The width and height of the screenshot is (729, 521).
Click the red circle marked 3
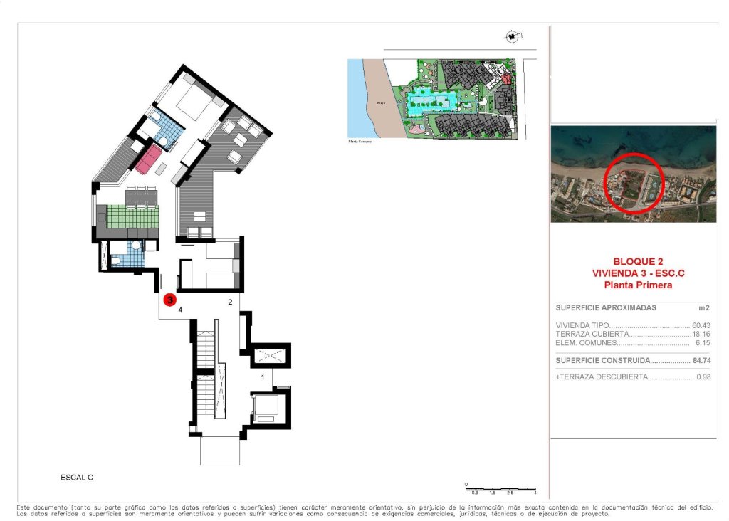[x=170, y=300]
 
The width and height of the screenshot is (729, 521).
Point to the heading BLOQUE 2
[x=633, y=261]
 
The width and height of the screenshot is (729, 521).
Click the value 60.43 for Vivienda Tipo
[x=702, y=325]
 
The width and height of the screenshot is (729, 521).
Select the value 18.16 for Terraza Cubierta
[x=702, y=334]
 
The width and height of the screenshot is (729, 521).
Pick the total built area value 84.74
[x=702, y=360]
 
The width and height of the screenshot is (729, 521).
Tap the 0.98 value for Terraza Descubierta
[x=703, y=377]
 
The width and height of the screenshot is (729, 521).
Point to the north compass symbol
[x=512, y=36]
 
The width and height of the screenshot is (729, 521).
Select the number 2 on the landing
[x=229, y=302]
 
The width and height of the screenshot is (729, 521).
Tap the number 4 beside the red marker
[x=181, y=310]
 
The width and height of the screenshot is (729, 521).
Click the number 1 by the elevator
[x=263, y=377]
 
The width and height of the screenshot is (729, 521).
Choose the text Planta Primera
[x=633, y=285]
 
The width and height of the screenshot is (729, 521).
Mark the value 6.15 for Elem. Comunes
[x=703, y=343]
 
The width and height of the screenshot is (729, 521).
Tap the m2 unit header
[x=703, y=308]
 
